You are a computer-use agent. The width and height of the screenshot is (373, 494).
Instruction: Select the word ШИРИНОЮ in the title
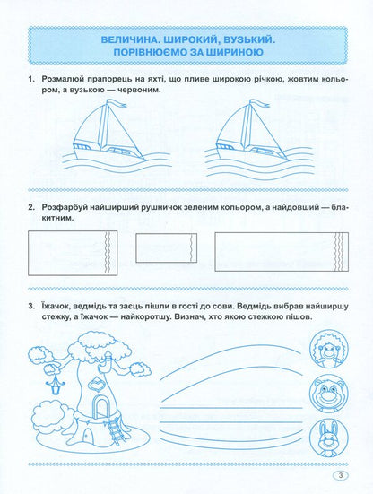coord(230,60)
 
